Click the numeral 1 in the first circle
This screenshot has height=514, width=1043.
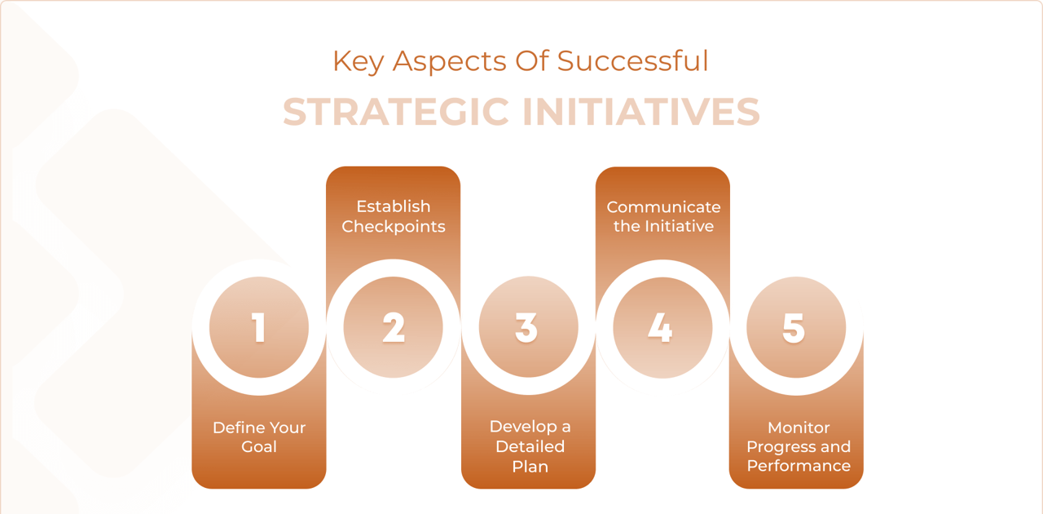[x=259, y=327]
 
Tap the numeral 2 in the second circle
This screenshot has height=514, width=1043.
[x=394, y=327]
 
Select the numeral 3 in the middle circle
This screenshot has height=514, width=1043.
[x=526, y=327]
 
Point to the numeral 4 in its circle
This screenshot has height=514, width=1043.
[x=661, y=327]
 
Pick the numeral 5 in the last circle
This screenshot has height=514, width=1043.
[x=794, y=327]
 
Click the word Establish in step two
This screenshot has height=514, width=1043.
[x=394, y=206]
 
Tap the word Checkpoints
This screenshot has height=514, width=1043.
[x=394, y=227]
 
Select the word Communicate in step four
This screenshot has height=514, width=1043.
[x=663, y=206]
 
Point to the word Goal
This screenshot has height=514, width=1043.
[x=259, y=447]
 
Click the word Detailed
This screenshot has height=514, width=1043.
[x=530, y=446]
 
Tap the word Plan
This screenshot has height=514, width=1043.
[x=530, y=467]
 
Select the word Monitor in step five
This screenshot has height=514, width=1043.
[x=799, y=428]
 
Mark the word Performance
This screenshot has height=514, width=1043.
[x=799, y=466]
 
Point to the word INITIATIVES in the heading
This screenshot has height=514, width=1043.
[x=641, y=112]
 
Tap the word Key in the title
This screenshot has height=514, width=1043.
[x=358, y=61]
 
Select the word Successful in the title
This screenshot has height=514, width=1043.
[x=633, y=60]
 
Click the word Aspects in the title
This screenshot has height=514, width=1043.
[x=449, y=61]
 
